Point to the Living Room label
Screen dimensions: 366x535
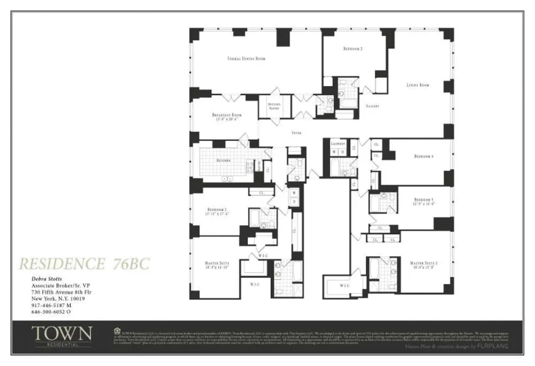[418, 85]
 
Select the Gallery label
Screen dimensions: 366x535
[372, 106]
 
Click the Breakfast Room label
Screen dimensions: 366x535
[227, 115]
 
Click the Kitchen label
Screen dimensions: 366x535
[223, 160]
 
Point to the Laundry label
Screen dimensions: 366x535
[337, 144]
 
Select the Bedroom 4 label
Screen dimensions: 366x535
[423, 157]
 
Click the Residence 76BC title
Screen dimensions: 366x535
[84, 264]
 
